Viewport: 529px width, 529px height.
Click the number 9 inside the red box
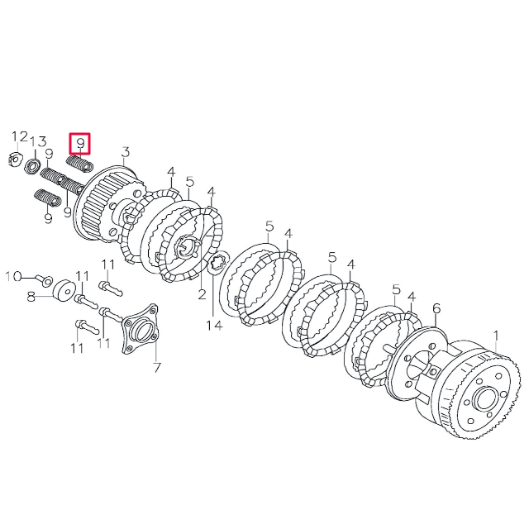pyautogui.click(x=80, y=144)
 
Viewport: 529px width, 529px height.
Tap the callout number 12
pyautogui.click(x=19, y=137)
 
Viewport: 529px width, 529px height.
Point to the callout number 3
pyautogui.click(x=126, y=151)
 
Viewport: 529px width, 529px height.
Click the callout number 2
pyautogui.click(x=201, y=293)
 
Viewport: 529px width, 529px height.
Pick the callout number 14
pyautogui.click(x=214, y=325)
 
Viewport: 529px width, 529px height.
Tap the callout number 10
pyautogui.click(x=14, y=275)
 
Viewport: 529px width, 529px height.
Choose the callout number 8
pyautogui.click(x=31, y=295)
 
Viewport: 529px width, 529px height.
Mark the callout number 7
pyautogui.click(x=156, y=366)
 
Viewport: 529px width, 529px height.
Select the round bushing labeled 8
pyautogui.click(x=60, y=293)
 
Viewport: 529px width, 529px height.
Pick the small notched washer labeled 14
pyautogui.click(x=219, y=264)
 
